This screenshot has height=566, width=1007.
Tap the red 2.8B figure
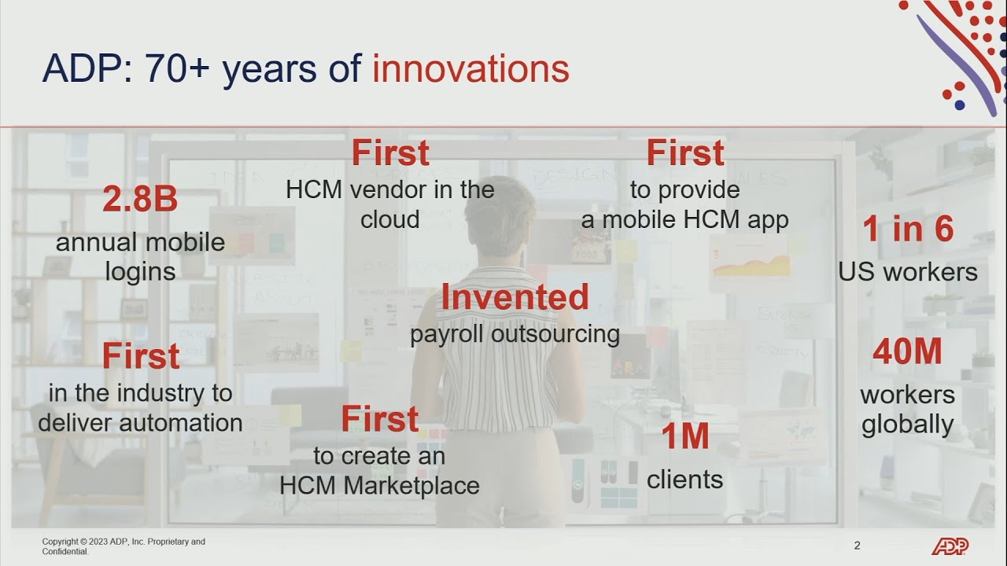(140, 199)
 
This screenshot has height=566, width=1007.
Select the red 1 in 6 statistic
(908, 229)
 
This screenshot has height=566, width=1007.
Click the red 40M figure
(908, 351)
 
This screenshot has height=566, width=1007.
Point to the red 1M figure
(685, 436)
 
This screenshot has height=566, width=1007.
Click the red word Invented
(515, 297)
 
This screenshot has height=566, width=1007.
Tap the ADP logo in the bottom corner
(950, 546)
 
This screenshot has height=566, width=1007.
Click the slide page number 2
(858, 546)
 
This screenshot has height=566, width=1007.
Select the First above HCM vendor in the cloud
(390, 153)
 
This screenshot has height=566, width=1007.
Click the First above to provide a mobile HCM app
(685, 153)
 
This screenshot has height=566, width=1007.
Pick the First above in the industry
(141, 356)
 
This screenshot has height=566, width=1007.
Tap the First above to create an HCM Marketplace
(380, 419)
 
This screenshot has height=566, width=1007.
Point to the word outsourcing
(555, 335)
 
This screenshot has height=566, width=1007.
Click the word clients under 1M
(685, 480)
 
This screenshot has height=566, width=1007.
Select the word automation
(181, 423)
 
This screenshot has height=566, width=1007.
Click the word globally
(908, 424)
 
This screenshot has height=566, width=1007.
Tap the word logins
(140, 272)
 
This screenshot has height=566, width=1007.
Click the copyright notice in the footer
(124, 546)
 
